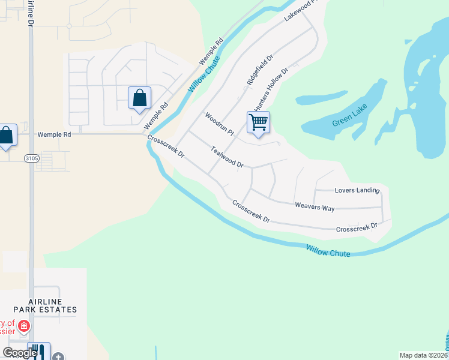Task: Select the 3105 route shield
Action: click(x=31, y=158)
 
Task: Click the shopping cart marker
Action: click(x=258, y=122)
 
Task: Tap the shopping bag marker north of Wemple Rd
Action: click(x=139, y=98)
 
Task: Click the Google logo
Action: click(x=20, y=353)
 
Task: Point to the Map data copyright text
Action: click(x=423, y=355)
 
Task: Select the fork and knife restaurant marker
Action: click(x=40, y=351)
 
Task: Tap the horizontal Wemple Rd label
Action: click(x=54, y=135)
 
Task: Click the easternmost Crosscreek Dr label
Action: click(x=357, y=228)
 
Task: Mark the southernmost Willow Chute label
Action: click(x=328, y=251)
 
